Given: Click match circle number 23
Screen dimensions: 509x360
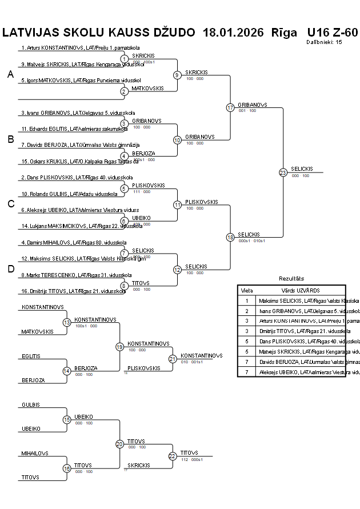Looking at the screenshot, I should pyautogui.click(x=283, y=173).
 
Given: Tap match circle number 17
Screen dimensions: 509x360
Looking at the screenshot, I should pyautogui.click(x=230, y=107).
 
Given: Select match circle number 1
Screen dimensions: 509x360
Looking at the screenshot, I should pyautogui.click(x=124, y=59).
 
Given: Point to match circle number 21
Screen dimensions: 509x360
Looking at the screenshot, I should pyautogui.click(x=173, y=359).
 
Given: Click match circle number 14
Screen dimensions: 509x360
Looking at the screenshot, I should pyautogui.click(x=66, y=371).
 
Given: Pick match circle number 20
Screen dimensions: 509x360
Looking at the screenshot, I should pyautogui.click(x=119, y=444).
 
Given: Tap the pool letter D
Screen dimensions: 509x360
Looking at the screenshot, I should pyautogui.click(x=10, y=269).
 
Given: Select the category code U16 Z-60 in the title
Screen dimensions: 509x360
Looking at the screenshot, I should pyautogui.click(x=332, y=32).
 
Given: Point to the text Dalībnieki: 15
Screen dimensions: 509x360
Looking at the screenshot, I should pyautogui.click(x=324, y=42).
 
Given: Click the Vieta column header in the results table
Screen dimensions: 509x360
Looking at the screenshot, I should pyautogui.click(x=247, y=290).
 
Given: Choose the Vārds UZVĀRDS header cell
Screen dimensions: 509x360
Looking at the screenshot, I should pyautogui.click(x=296, y=290).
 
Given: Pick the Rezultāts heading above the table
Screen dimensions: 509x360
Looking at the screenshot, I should pyautogui.click(x=291, y=278).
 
